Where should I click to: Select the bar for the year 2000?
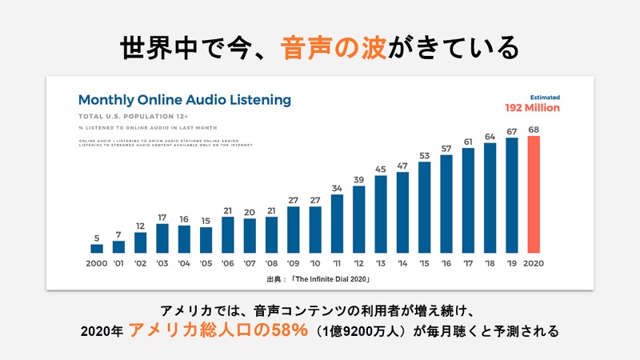(97, 248)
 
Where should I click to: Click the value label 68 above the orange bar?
(533, 130)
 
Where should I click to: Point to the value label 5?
(97, 237)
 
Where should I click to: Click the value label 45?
(381, 169)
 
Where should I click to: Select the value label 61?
(468, 142)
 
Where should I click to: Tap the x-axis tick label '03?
(162, 262)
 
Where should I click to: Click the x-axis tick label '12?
(358, 262)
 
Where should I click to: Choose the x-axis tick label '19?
(511, 262)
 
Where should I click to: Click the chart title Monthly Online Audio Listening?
(184, 101)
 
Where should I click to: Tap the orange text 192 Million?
(532, 108)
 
